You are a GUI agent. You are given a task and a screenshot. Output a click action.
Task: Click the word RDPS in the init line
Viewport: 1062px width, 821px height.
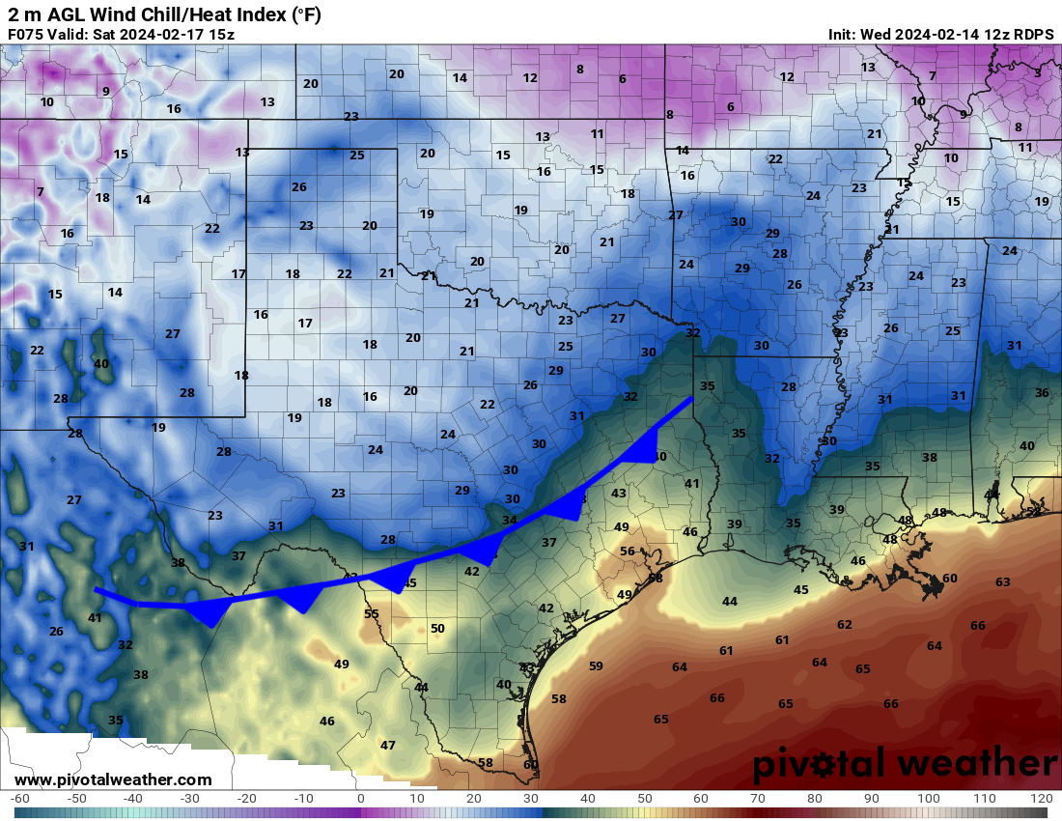tap(1032, 34)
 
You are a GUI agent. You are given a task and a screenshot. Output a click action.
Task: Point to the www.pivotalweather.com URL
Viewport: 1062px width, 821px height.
tap(113, 779)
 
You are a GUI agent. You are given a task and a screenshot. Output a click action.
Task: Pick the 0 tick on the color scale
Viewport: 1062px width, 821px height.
tap(360, 799)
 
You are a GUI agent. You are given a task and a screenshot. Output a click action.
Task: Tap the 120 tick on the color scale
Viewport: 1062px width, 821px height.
tap(1042, 799)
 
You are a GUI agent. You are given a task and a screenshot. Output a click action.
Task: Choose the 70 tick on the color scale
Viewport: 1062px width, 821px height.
tap(758, 799)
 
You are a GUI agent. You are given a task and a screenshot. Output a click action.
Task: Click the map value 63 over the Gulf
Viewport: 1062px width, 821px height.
tap(1003, 581)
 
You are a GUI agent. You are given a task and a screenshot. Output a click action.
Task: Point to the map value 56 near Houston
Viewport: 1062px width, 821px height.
tap(628, 552)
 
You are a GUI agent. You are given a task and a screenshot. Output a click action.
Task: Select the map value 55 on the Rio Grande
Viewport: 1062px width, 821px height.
tap(372, 613)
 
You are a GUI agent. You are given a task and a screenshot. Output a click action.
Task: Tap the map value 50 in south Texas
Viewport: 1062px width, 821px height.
tap(437, 628)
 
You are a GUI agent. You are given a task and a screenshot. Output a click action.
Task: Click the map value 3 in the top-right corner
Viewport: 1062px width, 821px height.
tap(1038, 72)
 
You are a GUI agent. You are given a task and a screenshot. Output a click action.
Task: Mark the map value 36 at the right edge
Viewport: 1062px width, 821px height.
tap(1042, 392)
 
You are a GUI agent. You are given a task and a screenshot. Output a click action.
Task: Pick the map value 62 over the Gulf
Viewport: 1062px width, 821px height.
tap(845, 624)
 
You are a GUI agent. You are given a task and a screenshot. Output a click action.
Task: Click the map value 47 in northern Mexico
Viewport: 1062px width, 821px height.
tap(388, 745)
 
